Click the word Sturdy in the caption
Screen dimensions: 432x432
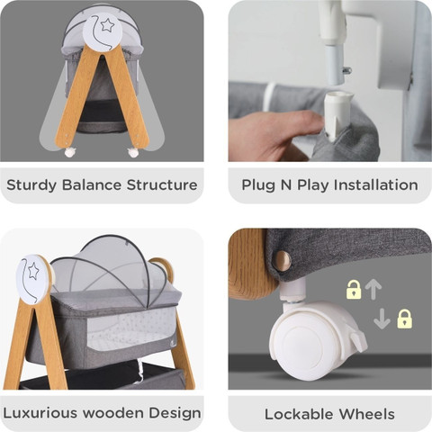[31, 185]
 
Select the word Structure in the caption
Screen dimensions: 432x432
[162, 184]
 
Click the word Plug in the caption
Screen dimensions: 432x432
[258, 185]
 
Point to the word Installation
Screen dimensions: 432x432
[376, 184]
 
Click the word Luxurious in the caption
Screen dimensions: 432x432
[40, 413]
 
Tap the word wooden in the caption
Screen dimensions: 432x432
[113, 413]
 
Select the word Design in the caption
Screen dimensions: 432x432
[175, 413]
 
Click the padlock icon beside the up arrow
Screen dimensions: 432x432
[354, 290]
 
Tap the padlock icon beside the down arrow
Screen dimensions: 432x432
[405, 319]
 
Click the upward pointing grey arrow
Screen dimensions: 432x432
[373, 290]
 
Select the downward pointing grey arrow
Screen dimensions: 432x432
[382, 319]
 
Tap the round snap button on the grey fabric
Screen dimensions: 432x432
[282, 260]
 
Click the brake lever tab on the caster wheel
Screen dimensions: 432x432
[357, 340]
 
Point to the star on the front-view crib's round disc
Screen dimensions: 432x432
[107, 25]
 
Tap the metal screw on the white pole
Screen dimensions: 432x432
[346, 71]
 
